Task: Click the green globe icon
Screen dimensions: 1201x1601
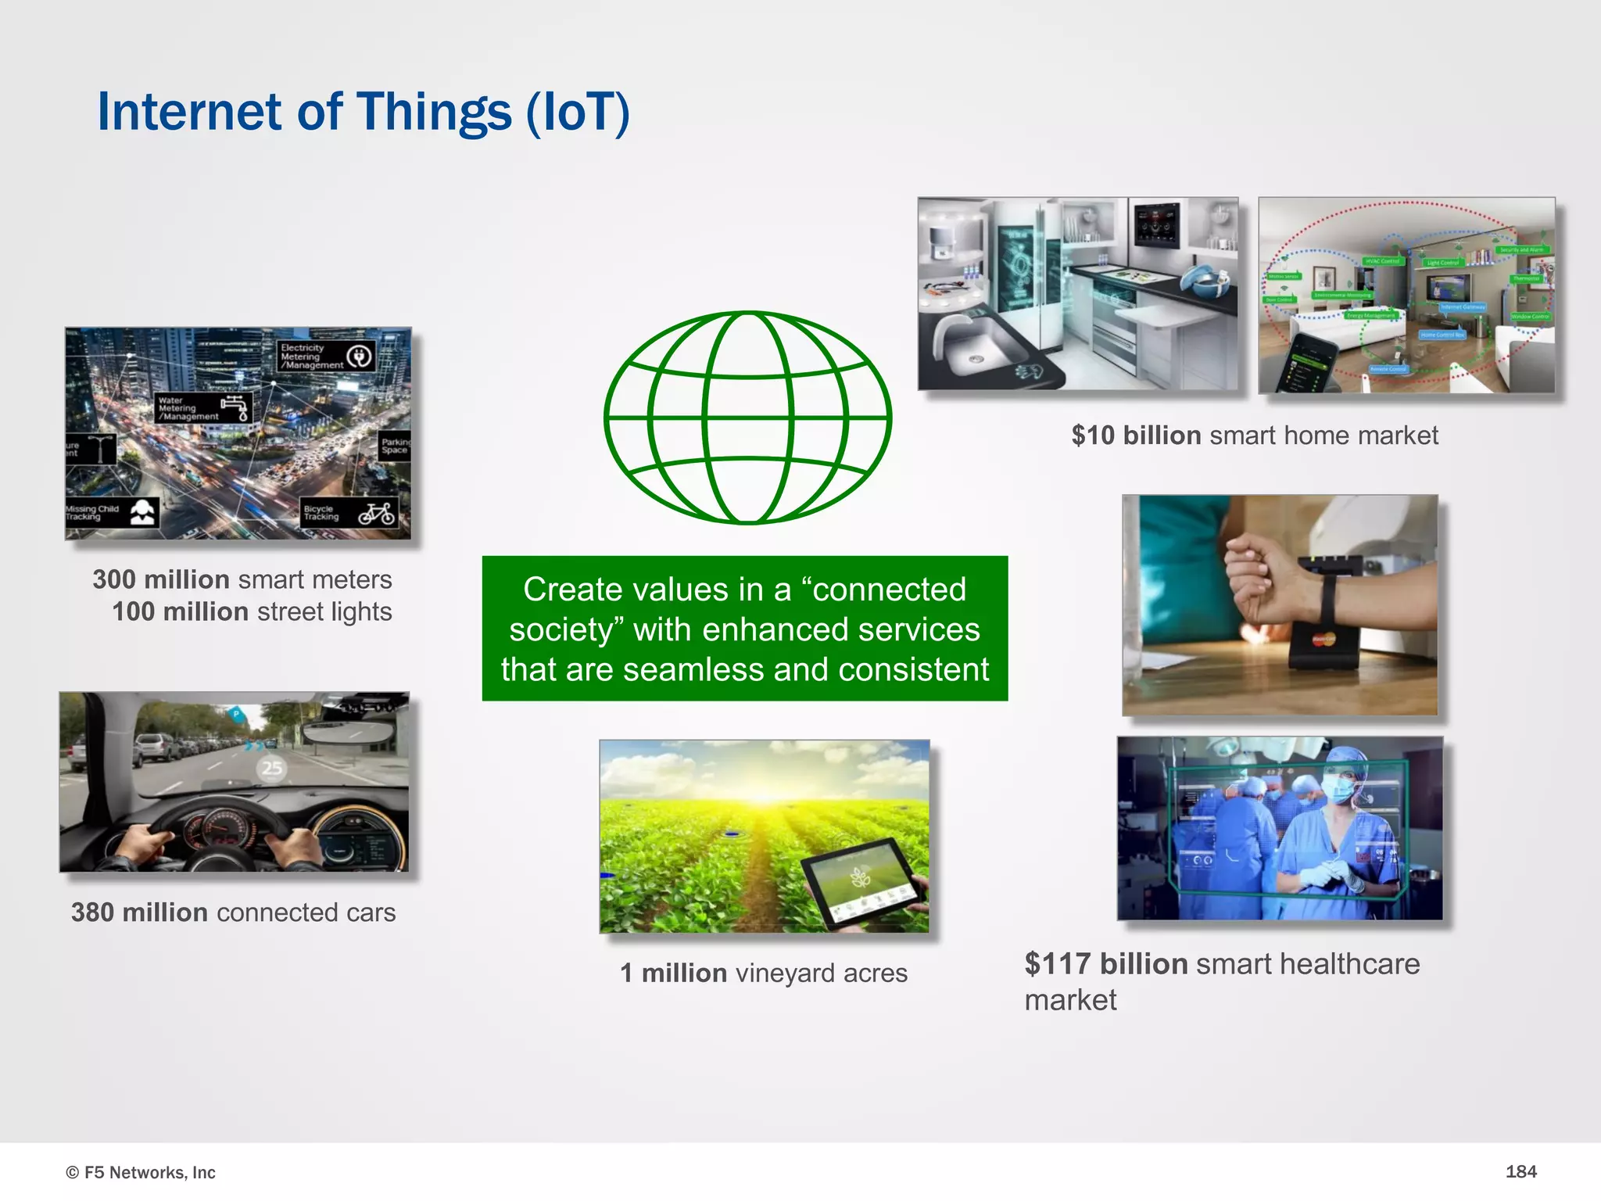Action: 747,418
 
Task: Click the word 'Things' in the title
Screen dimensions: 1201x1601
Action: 434,112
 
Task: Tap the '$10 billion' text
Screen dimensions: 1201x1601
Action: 1136,436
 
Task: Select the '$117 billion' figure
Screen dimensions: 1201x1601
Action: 1106,964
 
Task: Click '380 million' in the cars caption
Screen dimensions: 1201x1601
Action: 139,912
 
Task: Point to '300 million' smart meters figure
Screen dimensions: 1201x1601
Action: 161,579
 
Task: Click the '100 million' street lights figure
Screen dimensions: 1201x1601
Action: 180,611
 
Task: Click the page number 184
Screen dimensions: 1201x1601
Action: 1520,1171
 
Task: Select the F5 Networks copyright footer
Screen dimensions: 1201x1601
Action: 141,1172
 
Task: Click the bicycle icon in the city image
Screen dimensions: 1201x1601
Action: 377,514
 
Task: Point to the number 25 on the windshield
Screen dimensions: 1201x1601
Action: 271,768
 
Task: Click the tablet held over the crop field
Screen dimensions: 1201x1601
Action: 860,880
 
